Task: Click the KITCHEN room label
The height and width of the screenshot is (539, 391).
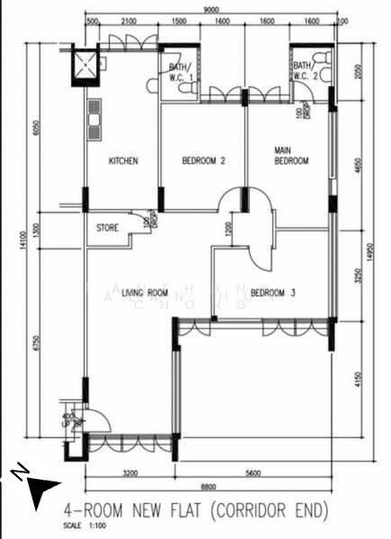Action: [123, 162]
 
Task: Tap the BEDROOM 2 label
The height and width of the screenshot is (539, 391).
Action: [203, 162]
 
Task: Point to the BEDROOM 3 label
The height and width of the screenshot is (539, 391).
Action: [274, 293]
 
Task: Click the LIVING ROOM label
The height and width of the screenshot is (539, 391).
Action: [146, 293]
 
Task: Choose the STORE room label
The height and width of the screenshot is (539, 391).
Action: [107, 228]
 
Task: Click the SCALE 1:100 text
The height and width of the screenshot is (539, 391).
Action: [79, 525]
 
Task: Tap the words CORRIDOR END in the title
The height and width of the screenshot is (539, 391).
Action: [269, 510]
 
